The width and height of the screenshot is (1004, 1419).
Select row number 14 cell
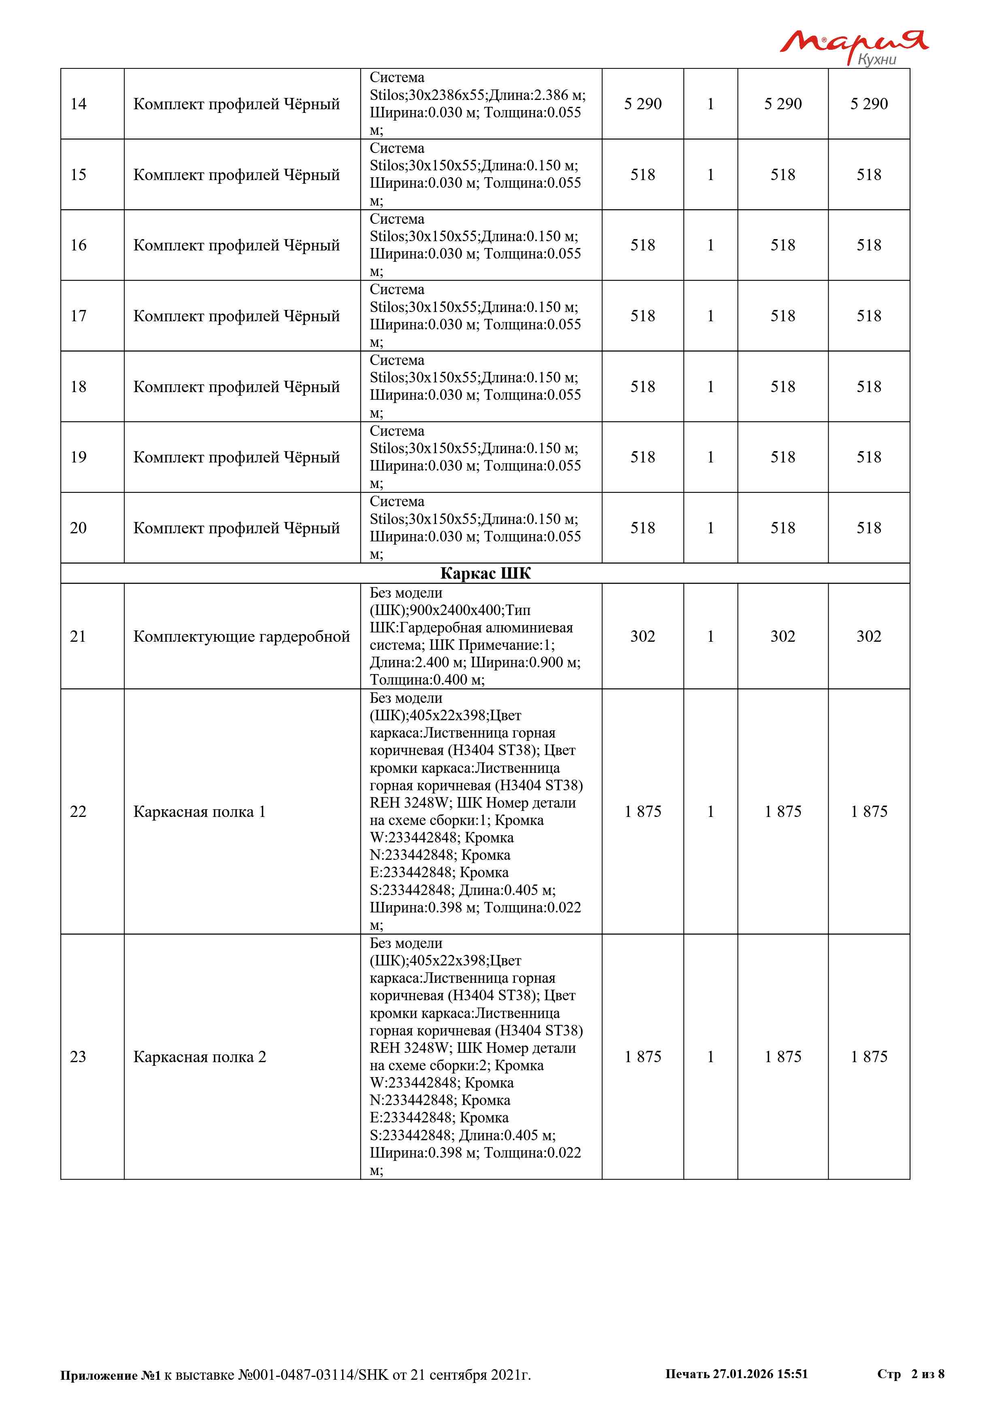click(79, 104)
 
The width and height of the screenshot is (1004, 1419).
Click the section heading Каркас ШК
click(485, 573)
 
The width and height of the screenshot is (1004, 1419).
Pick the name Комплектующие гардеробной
click(242, 636)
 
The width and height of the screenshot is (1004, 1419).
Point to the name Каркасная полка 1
click(200, 812)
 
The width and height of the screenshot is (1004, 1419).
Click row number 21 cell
click(79, 636)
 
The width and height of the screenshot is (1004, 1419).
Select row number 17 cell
click(79, 316)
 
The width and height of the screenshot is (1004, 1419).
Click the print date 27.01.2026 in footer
click(742, 1374)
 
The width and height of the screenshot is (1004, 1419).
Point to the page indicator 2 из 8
click(927, 1374)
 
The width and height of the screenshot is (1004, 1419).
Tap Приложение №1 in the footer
click(110, 1375)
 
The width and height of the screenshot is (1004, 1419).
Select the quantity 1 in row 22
click(710, 812)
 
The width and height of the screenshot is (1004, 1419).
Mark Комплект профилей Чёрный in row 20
click(237, 528)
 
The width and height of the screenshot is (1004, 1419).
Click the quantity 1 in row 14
click(710, 104)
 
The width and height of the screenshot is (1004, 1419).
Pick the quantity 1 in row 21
click(710, 636)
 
